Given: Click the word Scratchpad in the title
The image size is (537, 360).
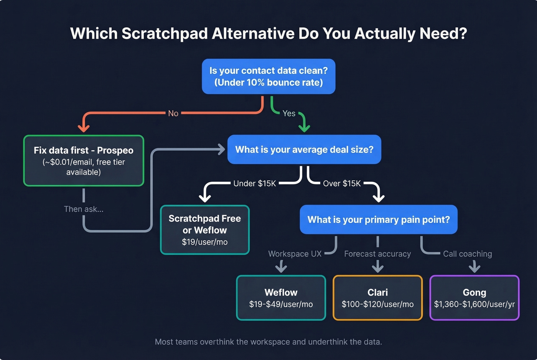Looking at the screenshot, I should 165,34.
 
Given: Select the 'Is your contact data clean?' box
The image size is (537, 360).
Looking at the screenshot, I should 268,76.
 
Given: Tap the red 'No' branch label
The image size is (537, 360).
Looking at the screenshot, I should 173,113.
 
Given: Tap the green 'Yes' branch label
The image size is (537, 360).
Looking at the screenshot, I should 289,113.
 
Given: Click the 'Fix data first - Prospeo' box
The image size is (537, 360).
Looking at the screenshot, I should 84,161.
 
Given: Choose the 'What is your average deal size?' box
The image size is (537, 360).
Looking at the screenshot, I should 304,150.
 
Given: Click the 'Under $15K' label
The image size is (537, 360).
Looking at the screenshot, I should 255,184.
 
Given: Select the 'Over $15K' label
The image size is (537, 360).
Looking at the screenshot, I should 342,184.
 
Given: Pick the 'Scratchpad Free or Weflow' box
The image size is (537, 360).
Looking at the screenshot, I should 205,230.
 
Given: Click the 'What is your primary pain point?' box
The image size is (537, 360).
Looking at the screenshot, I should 379,220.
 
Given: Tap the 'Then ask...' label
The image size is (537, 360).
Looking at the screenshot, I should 84,209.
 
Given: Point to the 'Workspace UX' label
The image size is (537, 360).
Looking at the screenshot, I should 295,254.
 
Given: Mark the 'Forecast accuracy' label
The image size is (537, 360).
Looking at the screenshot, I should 377,254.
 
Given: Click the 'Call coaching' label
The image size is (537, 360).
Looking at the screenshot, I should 467,254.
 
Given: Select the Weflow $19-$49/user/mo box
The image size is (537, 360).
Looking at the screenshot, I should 281,298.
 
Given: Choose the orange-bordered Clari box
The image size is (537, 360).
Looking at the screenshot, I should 378,298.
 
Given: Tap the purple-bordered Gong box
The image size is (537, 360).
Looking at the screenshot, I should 474,298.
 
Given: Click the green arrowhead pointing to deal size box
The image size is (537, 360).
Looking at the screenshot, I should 304,128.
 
